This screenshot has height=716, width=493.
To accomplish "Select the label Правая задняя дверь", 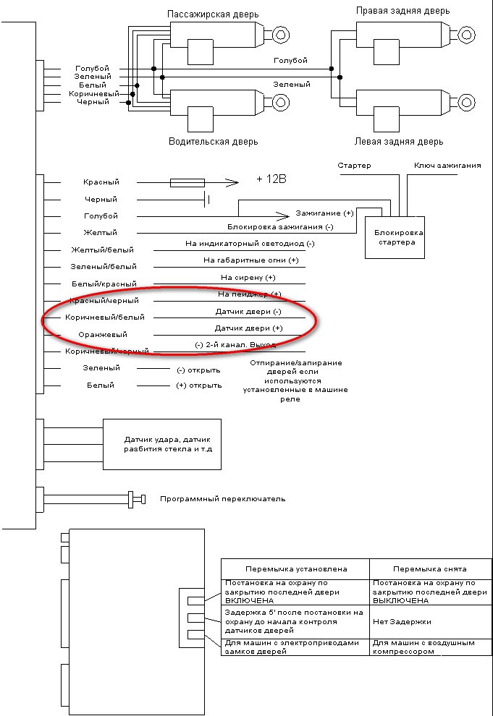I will pos(403,11).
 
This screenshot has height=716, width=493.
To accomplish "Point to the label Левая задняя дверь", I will pos(399,142).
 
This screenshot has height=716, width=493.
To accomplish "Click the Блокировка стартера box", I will pos(395,237).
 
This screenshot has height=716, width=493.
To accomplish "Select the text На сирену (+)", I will pos(248,278).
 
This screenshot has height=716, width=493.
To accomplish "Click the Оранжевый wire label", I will pos(102,334).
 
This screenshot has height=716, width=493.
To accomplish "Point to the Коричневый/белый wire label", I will pos(105,317).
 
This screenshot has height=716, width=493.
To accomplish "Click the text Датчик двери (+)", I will pos(248,328).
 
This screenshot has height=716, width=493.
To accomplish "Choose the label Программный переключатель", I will pos(222,498).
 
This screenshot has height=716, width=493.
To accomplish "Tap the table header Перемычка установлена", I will pos(296,568).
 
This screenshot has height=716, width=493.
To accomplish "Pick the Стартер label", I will pos(354,166).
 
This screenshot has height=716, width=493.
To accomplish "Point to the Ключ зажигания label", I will pos(447,166).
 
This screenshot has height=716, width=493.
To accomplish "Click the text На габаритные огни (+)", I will pos(250,260).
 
